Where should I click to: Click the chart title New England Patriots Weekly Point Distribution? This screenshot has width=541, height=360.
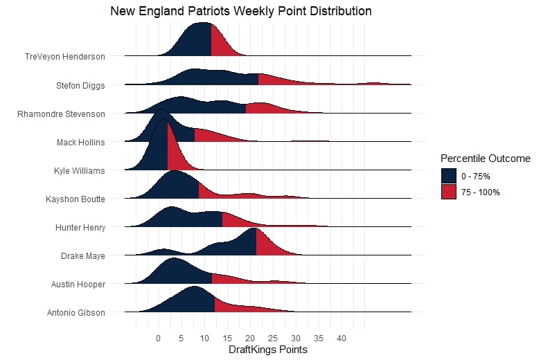(241, 12)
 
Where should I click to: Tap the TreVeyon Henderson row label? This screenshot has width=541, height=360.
(64, 57)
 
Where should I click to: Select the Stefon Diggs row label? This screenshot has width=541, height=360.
(80, 86)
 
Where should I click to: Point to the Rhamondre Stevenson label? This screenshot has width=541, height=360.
(61, 114)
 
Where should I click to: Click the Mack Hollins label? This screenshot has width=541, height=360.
(81, 143)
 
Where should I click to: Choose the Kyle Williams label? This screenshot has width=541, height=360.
(80, 170)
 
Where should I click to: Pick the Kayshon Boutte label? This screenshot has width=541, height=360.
(76, 199)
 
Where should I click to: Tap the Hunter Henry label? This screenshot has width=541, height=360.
(80, 227)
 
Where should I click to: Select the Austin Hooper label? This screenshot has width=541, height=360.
(78, 285)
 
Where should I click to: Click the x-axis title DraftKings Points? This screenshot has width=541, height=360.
(268, 350)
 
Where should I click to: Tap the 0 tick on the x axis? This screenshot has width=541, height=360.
(158, 339)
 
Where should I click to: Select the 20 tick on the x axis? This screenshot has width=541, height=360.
(250, 339)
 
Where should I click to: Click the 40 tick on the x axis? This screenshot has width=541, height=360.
(342, 339)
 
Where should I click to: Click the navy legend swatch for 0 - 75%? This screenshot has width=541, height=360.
(449, 175)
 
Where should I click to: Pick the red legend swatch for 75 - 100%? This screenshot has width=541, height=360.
(449, 192)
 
